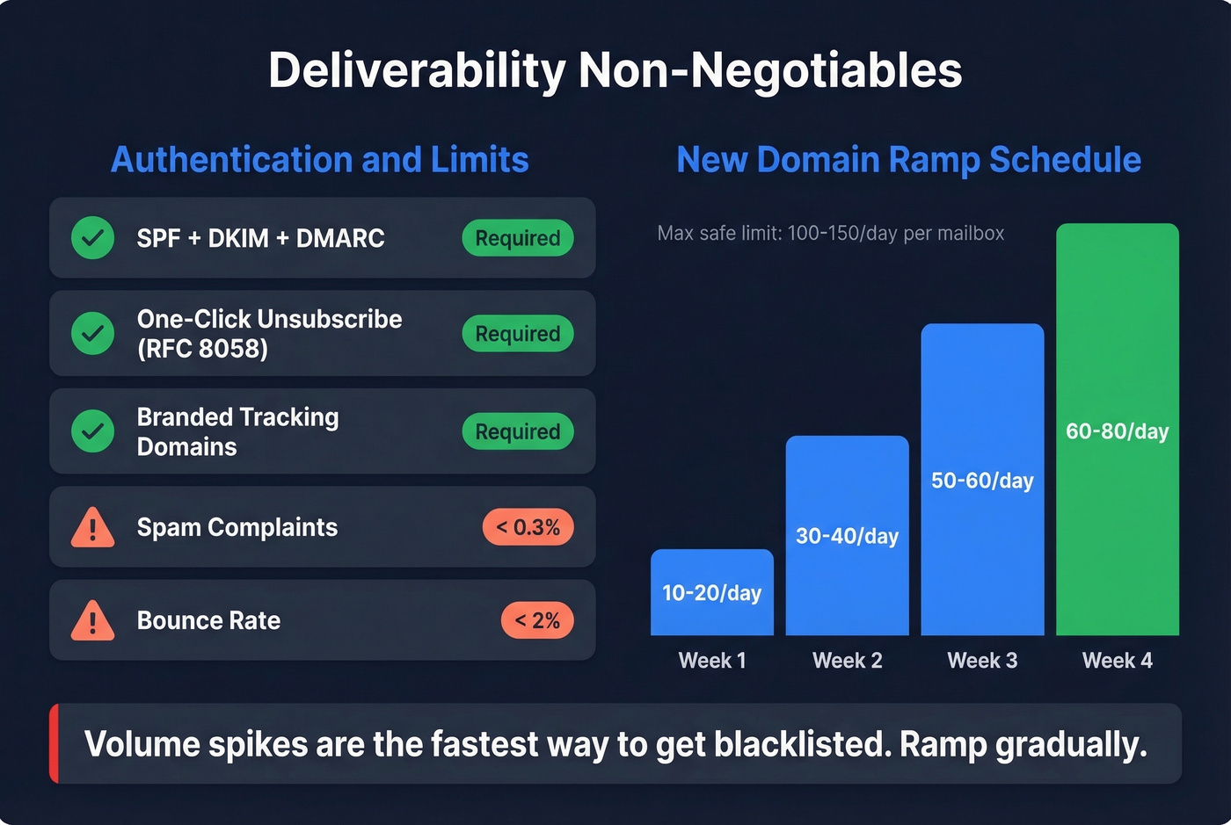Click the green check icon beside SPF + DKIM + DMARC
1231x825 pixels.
(x=92, y=238)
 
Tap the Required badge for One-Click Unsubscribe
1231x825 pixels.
(x=518, y=334)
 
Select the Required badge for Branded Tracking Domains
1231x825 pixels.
(x=518, y=431)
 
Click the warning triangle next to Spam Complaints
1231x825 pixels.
(x=92, y=528)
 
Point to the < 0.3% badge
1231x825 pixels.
(x=528, y=527)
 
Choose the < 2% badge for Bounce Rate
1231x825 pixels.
(x=537, y=620)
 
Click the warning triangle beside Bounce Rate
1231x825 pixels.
(x=92, y=621)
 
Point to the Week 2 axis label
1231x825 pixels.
(x=847, y=661)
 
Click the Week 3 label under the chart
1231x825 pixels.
(x=982, y=661)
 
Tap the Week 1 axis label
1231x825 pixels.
(x=712, y=661)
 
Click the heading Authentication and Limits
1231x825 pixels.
(x=320, y=160)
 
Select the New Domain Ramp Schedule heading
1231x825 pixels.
(x=908, y=160)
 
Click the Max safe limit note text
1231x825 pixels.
(x=830, y=234)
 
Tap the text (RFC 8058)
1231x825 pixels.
(x=202, y=349)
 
